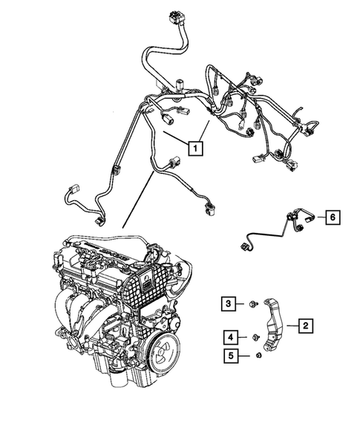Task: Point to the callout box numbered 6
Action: [x=332, y=217]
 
